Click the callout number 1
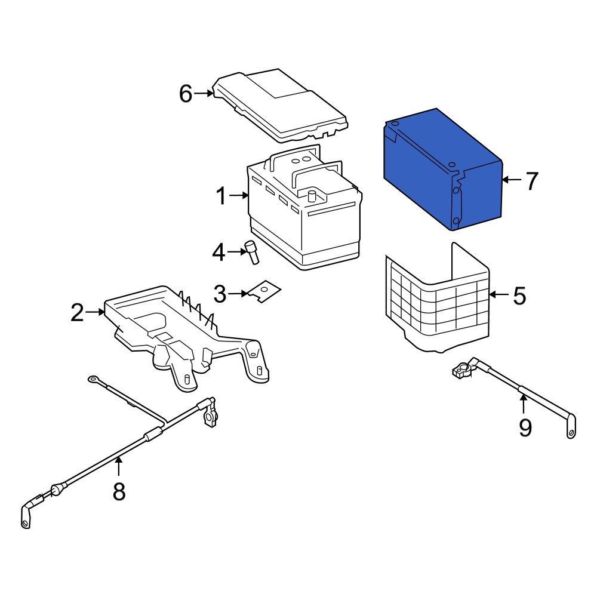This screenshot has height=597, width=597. [221, 196]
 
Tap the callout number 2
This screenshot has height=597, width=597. [77, 313]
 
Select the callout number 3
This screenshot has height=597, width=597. [220, 294]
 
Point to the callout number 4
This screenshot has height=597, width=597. [219, 253]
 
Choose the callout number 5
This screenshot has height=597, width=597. [519, 296]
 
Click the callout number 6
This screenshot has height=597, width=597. [186, 94]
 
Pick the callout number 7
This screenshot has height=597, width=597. [532, 180]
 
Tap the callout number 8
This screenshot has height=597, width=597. [119, 491]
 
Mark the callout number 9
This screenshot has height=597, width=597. [525, 427]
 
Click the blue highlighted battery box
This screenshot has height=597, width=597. [443, 170]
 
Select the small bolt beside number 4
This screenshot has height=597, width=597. [253, 252]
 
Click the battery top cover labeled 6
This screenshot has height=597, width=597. [281, 106]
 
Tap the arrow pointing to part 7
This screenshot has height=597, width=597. [512, 179]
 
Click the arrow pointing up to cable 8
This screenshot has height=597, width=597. [119, 466]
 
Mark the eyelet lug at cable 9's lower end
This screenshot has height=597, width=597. [571, 427]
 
